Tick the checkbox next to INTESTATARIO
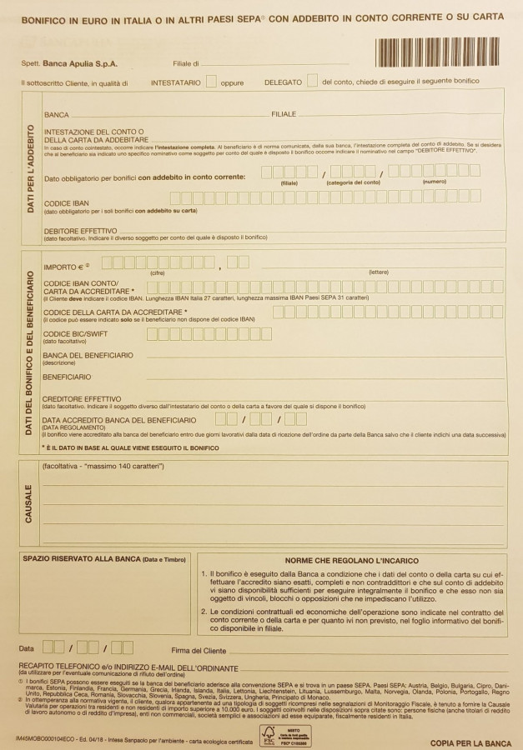(211, 82)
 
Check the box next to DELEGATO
(312, 82)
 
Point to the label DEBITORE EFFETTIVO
(80, 231)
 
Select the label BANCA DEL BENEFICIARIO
(88, 356)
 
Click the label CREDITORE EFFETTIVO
(82, 398)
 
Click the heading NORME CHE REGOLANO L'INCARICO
(351, 561)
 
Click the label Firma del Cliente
(199, 650)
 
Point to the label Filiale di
(186, 63)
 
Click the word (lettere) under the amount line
(380, 272)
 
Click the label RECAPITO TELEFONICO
(74, 668)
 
